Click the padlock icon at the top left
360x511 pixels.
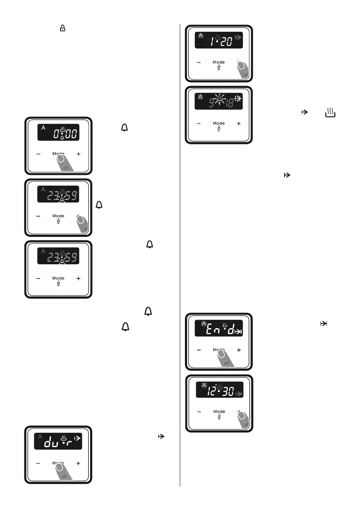[63, 28]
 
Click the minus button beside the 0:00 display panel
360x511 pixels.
[38, 154]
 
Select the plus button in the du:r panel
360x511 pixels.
[78, 463]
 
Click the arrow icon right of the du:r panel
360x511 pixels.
[162, 436]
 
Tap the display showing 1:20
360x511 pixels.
[219, 40]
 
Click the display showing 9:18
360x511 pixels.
[219, 101]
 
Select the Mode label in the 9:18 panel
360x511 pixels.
[219, 123]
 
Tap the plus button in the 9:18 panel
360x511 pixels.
[239, 124]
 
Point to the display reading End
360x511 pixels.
[219, 329]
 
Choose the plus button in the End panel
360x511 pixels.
[239, 350]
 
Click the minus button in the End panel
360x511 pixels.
[199, 350]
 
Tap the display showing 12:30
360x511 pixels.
[219, 390]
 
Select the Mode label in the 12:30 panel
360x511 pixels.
[219, 411]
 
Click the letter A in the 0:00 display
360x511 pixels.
[42, 127]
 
